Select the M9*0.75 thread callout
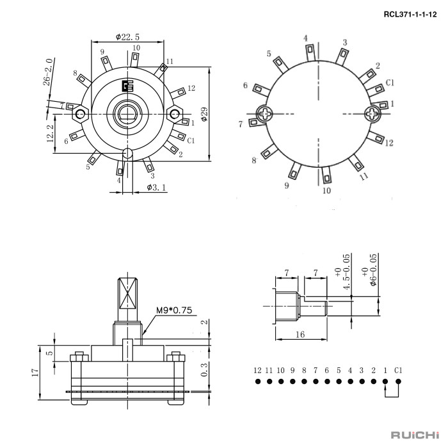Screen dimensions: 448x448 click(175, 311)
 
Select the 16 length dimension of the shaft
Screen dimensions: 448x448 click(300, 334)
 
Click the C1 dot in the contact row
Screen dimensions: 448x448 click(397, 381)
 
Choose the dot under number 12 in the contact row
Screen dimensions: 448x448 click(257, 381)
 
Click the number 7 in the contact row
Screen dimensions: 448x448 click(316, 370)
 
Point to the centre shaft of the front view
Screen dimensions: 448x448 click(127, 113)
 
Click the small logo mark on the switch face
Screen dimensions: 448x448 click(127, 86)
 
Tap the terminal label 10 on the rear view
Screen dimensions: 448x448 click(326, 190)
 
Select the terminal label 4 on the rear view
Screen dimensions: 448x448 click(306, 38)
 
